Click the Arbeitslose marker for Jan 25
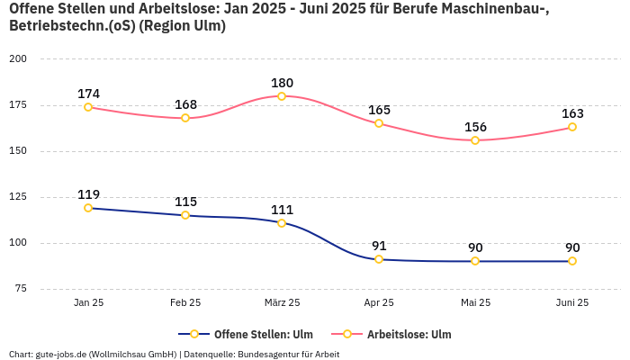pyautogui.click(x=88, y=107)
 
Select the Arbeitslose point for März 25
pyautogui.click(x=282, y=96)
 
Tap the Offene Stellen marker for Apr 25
pyautogui.click(x=379, y=259)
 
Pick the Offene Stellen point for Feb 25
pyautogui.click(x=185, y=215)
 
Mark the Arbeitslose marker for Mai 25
pyautogui.click(x=475, y=140)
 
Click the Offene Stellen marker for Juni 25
pyautogui.click(x=572, y=261)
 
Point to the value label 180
pyautogui.click(x=282, y=83)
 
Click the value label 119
pyautogui.click(x=88, y=194)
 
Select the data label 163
pyautogui.click(x=572, y=113)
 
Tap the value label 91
pyautogui.click(x=379, y=246)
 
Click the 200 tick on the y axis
pyautogui.click(x=18, y=59)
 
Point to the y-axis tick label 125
pyautogui.click(x=18, y=197)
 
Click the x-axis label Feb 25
pyautogui.click(x=185, y=303)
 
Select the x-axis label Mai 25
pyautogui.click(x=475, y=303)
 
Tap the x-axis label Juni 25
pyautogui.click(x=572, y=303)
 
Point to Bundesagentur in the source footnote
pyautogui.click(x=268, y=355)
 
